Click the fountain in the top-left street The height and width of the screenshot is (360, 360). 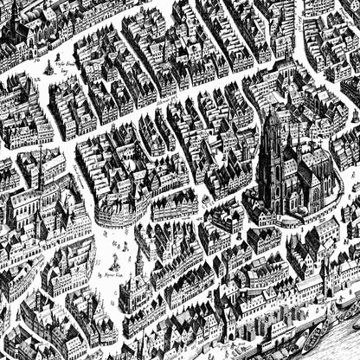48,67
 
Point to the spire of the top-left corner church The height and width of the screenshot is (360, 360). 14,9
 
